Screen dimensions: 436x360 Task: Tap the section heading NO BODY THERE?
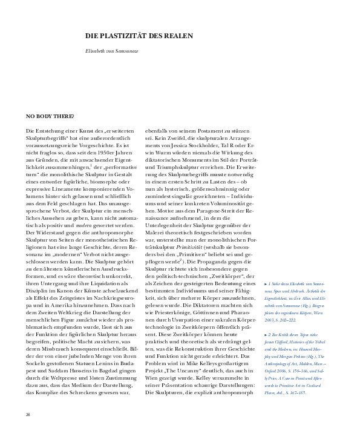(50, 116)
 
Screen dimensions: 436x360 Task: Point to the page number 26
(28, 415)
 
